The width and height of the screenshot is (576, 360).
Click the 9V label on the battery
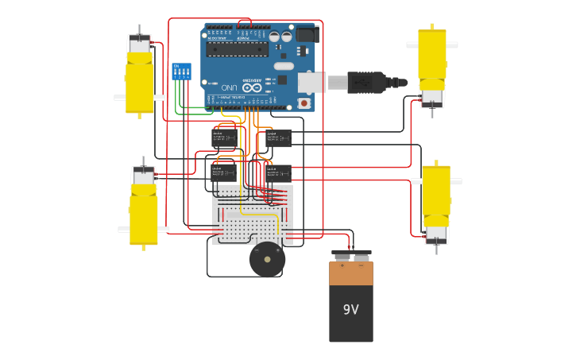coord(351,310)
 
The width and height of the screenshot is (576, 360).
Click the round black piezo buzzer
coord(267,260)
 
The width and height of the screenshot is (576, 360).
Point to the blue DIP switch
coord(181,72)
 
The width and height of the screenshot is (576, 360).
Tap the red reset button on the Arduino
coord(303,103)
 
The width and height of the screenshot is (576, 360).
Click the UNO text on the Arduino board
coord(229,87)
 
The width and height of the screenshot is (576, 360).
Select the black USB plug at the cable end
coord(368,82)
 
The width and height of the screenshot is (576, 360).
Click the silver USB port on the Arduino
coord(311,81)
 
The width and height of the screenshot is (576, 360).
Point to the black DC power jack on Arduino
coord(307,34)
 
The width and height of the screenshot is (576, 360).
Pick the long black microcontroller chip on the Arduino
coord(237,49)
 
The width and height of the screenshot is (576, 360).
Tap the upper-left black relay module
coord(224,138)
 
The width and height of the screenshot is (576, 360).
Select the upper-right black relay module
coord(279,138)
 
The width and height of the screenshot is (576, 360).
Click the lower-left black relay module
coord(224,172)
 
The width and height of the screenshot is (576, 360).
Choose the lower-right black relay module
coord(279,172)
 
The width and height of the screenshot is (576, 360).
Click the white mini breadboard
coord(252,215)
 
